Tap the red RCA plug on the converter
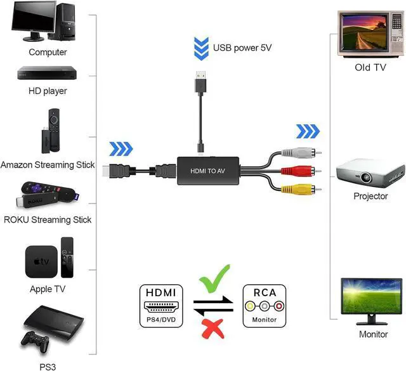[x=301, y=170]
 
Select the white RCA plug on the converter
[x=301, y=153]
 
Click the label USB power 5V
[x=242, y=48]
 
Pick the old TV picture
[x=361, y=33]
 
